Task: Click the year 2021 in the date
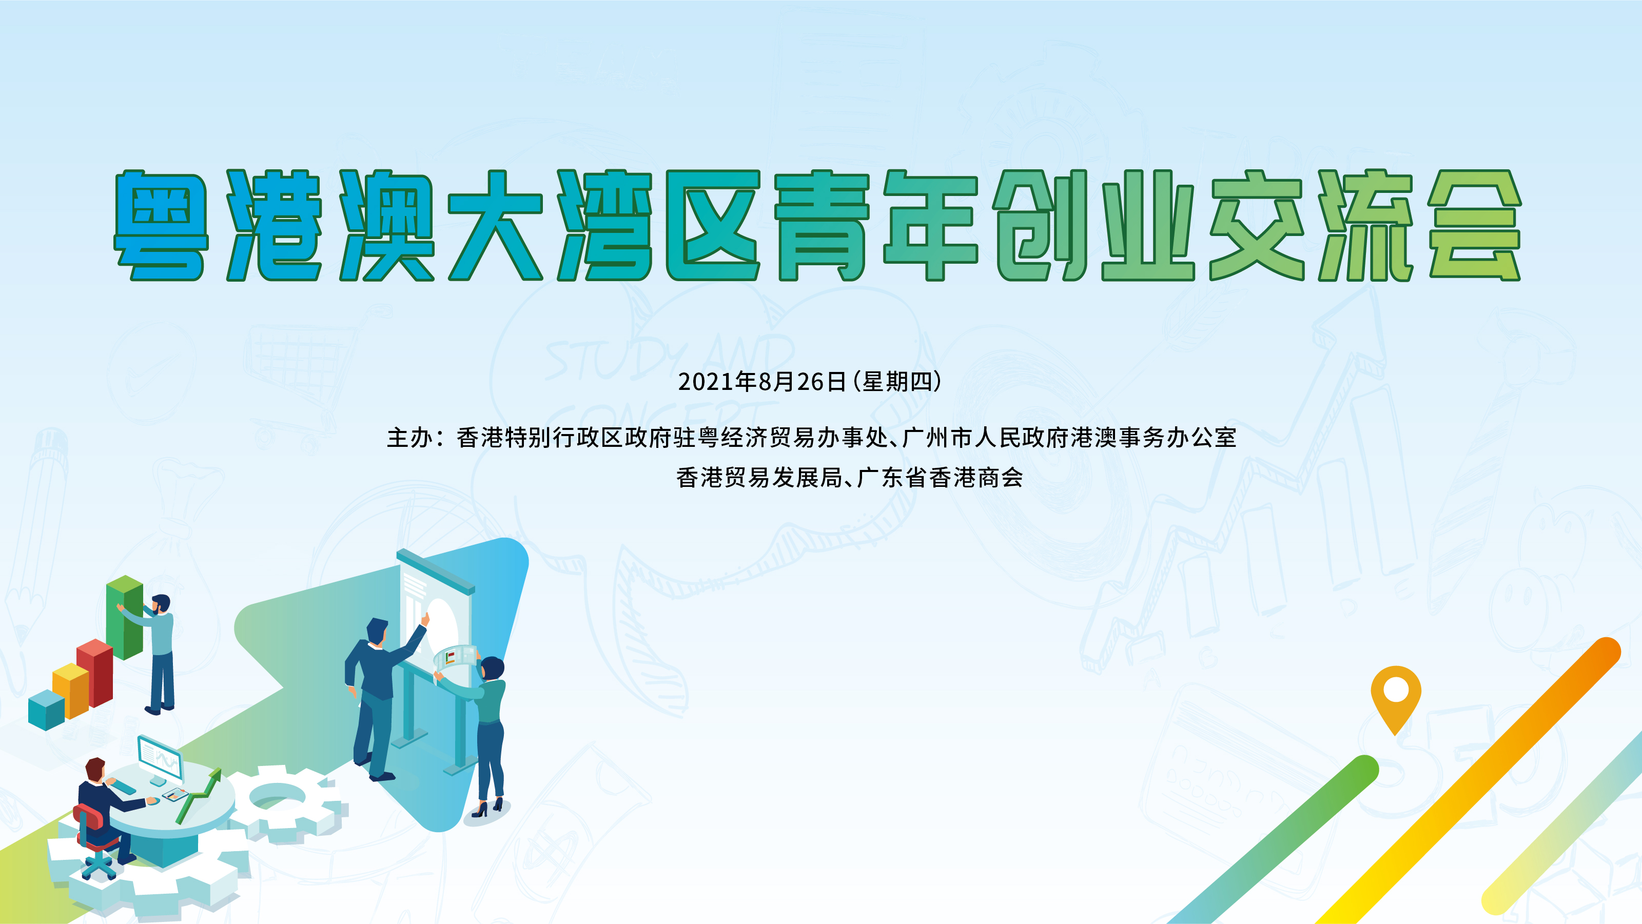point(706,382)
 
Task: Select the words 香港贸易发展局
point(759,477)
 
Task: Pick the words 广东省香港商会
point(940,477)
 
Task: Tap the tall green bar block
point(124,616)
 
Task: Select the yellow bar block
point(70,690)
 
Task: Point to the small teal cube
point(47,709)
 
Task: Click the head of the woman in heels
point(492,669)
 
